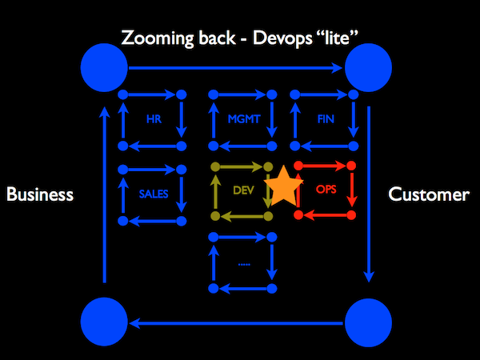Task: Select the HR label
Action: [153, 120]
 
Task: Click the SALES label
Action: [153, 193]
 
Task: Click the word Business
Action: [40, 194]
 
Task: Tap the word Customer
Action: [429, 194]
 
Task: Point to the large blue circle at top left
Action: [104, 67]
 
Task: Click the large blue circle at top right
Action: [368, 67]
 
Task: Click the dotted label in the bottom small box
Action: [244, 262]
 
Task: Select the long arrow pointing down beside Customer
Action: [369, 192]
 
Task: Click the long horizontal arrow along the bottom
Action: [236, 324]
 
